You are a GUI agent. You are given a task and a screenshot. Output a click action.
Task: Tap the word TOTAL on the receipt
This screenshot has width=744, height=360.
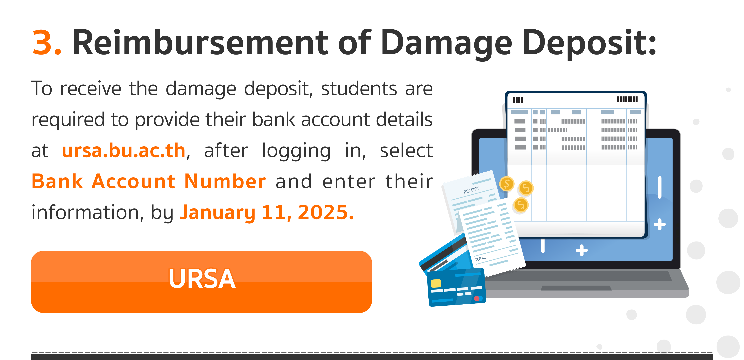(x=480, y=258)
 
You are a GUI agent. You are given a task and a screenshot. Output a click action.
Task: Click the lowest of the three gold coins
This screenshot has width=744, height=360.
(x=521, y=205)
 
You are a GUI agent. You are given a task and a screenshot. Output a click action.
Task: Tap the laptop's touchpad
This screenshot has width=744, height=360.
(x=576, y=288)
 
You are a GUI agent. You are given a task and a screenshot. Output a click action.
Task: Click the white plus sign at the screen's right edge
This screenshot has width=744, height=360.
(x=660, y=224)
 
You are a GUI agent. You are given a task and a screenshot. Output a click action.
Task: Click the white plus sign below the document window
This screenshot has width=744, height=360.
(x=582, y=250)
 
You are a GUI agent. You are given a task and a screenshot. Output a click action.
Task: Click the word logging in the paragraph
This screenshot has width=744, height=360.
(x=296, y=151)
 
